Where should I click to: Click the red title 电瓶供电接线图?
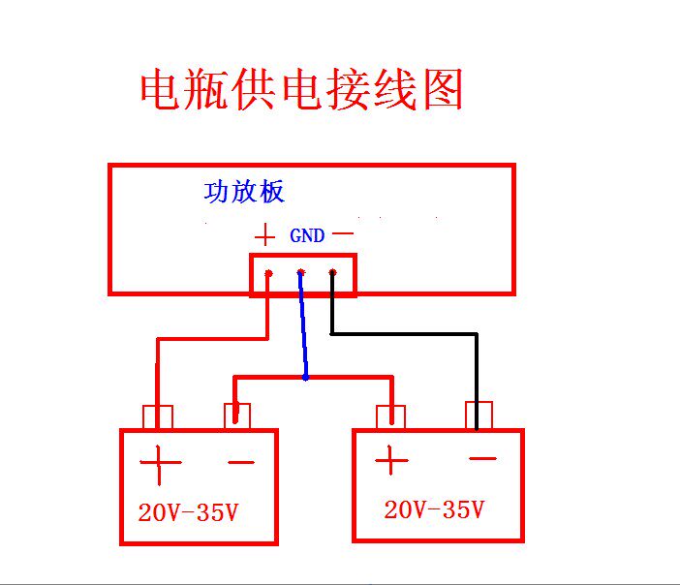pos(302,90)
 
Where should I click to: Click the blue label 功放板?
pos(244,192)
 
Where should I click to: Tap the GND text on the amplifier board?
pos(307,235)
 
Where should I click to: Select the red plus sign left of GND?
pos(264,235)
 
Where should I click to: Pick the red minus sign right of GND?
pos(343,234)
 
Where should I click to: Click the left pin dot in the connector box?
pos(268,273)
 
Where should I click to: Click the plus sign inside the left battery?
pos(161,466)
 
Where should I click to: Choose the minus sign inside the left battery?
pos(240,464)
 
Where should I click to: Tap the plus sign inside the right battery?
pos(390,460)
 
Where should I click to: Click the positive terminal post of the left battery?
pos(157,417)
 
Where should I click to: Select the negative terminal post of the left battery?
pos(237,416)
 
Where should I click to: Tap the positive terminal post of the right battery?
pos(391,417)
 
